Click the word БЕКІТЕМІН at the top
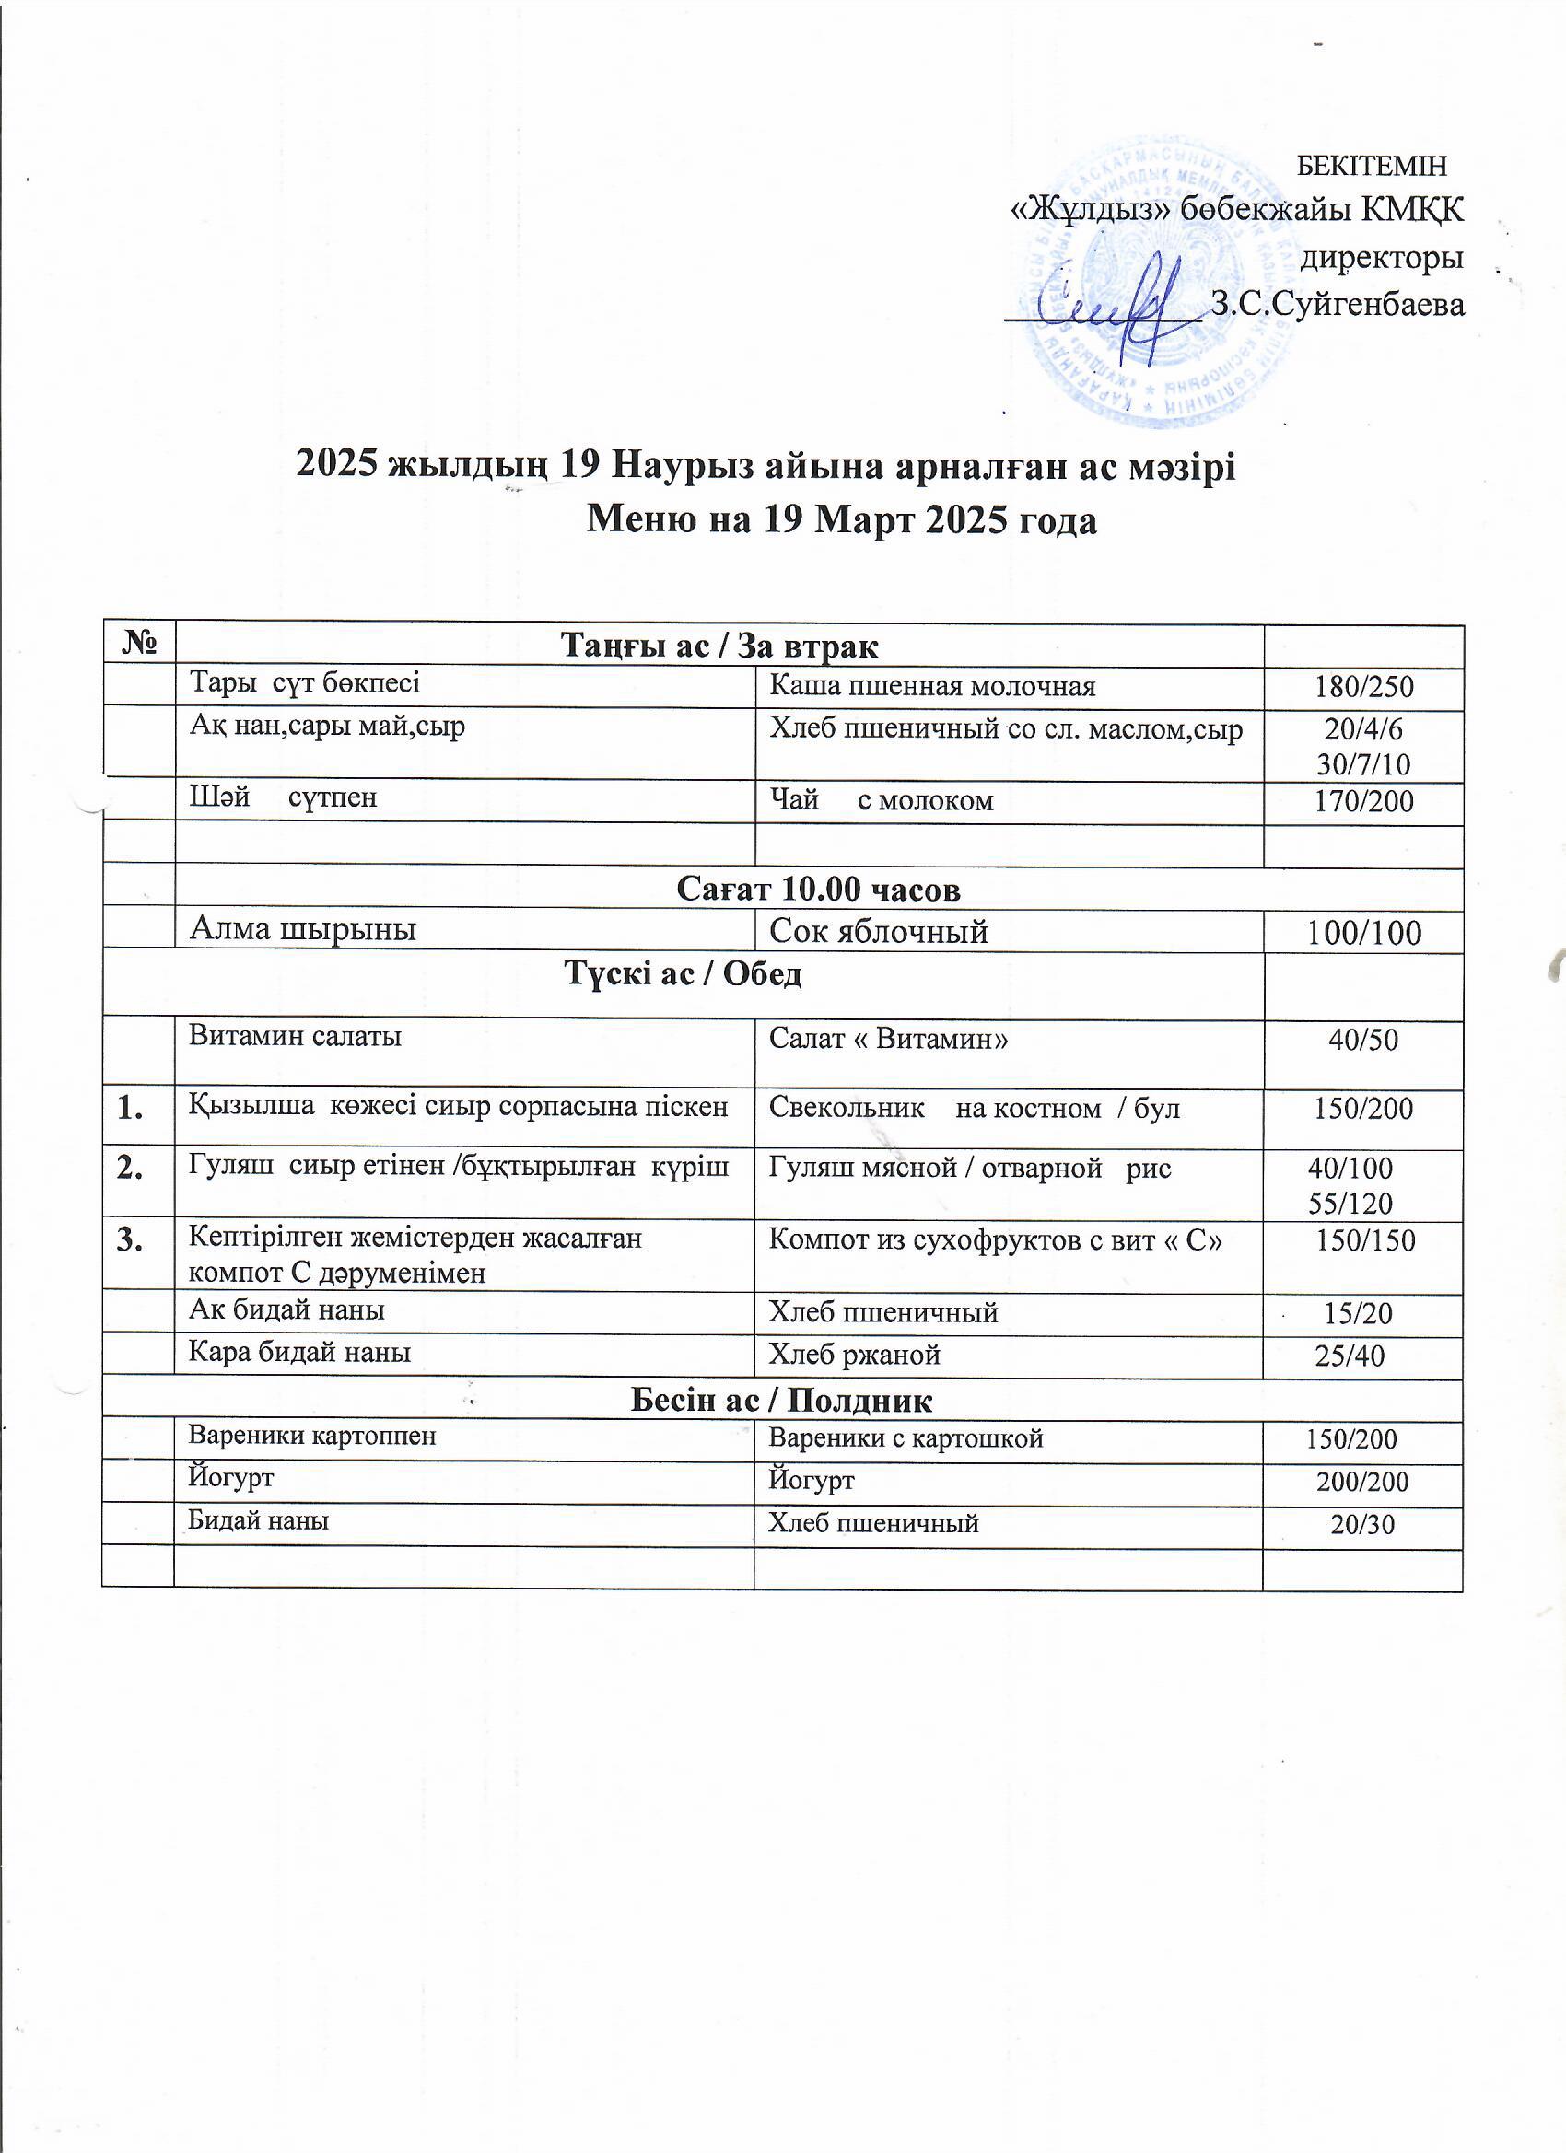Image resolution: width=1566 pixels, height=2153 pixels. click(x=1372, y=166)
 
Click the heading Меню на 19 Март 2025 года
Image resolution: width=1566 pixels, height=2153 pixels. click(x=842, y=520)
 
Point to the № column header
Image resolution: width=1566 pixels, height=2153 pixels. click(x=139, y=645)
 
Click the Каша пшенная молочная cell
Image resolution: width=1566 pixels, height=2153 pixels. click(x=931, y=685)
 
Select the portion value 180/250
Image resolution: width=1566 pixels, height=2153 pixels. click(x=1363, y=686)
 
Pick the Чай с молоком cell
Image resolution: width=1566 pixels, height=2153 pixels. click(x=882, y=800)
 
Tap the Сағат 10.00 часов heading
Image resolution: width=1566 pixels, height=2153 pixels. click(x=819, y=889)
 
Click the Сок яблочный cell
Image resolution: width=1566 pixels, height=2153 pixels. click(x=879, y=931)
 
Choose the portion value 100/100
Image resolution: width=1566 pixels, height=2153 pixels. click(x=1363, y=933)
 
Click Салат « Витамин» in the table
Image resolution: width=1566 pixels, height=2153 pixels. click(x=888, y=1039)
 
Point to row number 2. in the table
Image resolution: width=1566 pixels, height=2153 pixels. click(x=132, y=1169)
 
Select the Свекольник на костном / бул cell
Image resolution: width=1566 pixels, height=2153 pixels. click(x=974, y=1108)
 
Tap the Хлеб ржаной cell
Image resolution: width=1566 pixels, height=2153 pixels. click(x=854, y=1354)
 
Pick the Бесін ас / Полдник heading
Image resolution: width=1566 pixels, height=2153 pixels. click(x=780, y=1401)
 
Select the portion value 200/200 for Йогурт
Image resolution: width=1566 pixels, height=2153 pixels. click(x=1361, y=1481)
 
